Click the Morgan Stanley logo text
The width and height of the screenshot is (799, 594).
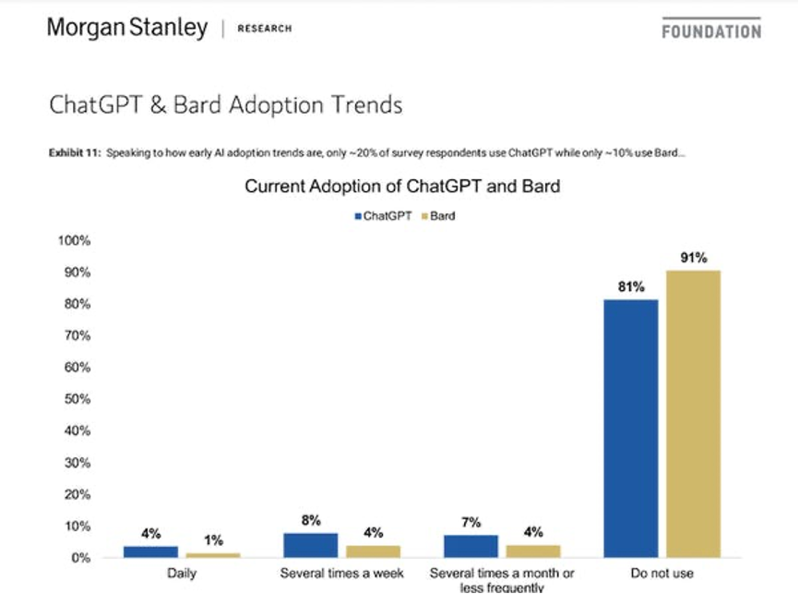127,28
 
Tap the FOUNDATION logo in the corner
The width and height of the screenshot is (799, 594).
711,30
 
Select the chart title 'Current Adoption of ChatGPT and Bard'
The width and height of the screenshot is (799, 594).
402,187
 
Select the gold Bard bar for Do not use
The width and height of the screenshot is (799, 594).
694,413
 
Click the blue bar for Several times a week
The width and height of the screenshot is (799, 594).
311,545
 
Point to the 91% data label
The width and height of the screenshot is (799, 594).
694,258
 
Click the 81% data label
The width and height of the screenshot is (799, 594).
632,286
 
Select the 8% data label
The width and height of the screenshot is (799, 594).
311,521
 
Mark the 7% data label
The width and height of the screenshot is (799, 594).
471,523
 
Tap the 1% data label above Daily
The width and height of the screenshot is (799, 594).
213,540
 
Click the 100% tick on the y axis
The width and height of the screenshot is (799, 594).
74,241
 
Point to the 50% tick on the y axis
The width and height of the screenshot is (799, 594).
77,399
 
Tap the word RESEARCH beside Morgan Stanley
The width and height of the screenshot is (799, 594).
264,29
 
